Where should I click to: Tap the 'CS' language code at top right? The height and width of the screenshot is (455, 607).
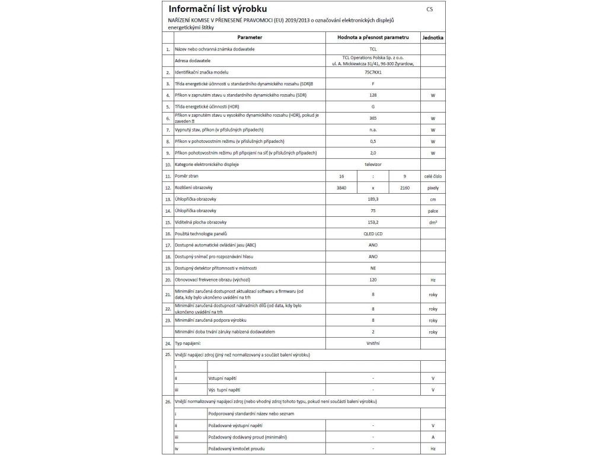429,9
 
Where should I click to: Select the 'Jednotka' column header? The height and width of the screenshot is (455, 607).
433,37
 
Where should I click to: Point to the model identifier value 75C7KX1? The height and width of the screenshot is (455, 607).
373,72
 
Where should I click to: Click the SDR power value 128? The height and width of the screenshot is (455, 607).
373,95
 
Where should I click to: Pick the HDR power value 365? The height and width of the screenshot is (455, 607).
373,118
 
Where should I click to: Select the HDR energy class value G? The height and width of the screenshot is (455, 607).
373,106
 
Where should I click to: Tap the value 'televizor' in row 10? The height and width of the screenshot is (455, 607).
373,164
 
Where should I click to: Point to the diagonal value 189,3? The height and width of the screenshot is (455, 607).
373,199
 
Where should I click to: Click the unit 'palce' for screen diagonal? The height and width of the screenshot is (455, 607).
433,210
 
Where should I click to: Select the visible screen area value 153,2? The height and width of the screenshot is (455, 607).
373,222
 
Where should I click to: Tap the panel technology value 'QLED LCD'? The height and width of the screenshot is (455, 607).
373,233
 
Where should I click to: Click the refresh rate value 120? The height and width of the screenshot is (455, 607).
373,280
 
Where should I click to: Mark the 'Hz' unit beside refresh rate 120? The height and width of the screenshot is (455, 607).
433,280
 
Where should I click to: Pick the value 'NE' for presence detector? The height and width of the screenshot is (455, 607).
373,268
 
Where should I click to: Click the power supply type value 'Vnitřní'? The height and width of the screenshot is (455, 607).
373,343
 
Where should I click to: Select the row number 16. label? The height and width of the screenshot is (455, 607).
168,234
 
